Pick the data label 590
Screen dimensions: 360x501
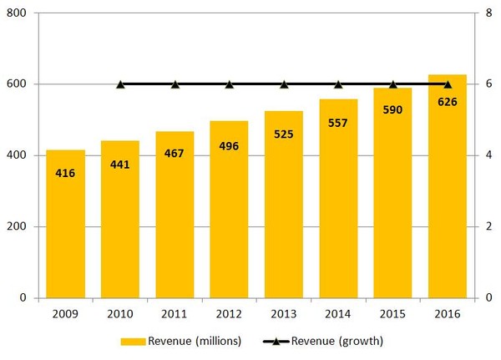pos(393,110)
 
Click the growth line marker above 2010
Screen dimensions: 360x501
pos(120,84)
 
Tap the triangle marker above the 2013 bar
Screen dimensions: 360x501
pos(284,84)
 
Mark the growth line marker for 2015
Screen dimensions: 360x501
pos(393,84)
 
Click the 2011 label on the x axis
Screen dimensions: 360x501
pos(175,313)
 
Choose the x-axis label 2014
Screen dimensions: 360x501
pos(338,313)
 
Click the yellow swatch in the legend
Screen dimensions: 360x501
pos(133,341)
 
